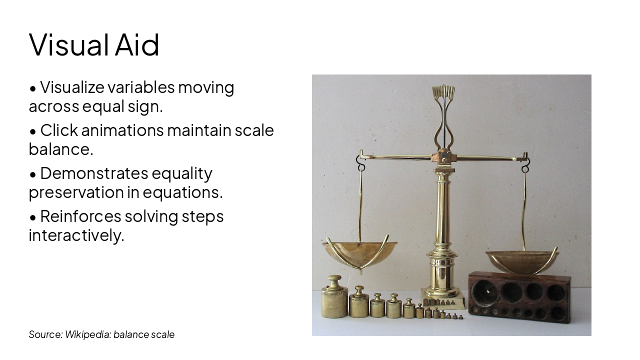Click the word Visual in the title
click(69, 44)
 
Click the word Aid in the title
click(137, 44)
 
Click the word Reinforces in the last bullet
click(80, 216)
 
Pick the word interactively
click(76, 235)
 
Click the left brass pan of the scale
click(359, 252)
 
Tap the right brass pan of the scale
click(522, 260)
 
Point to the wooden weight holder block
click(519, 297)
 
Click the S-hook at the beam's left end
click(360, 162)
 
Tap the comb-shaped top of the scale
click(443, 92)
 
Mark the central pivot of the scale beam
click(443, 156)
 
